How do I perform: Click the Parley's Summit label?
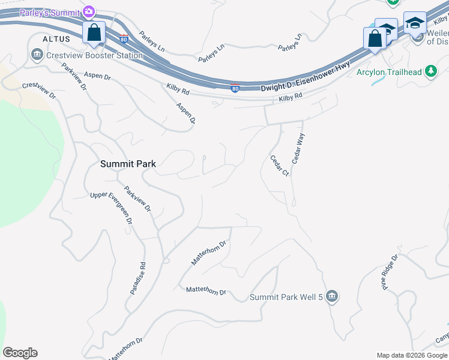pyautogui.click(x=50, y=12)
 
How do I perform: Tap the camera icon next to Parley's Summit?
pyautogui.click(x=89, y=11)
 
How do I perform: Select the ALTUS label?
pyautogui.click(x=56, y=38)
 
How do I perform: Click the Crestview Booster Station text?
pyautogui.click(x=94, y=55)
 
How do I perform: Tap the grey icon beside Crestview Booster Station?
pyautogui.click(x=37, y=55)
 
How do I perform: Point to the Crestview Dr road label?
pyautogui.click(x=39, y=91)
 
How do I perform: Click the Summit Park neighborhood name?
pyautogui.click(x=128, y=163)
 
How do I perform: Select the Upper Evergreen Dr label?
pyautogui.click(x=111, y=208)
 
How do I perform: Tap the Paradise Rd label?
pyautogui.click(x=138, y=278)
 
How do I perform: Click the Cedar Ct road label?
pyautogui.click(x=280, y=166)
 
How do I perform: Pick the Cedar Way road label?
pyautogui.click(x=298, y=149)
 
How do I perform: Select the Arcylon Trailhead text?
pyautogui.click(x=389, y=72)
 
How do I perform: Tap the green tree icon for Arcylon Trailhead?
pyautogui.click(x=430, y=72)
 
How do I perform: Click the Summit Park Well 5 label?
pyautogui.click(x=286, y=297)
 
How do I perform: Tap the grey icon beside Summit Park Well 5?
pyautogui.click(x=333, y=297)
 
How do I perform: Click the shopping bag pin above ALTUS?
pyautogui.click(x=94, y=33)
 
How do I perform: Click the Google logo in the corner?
pyautogui.click(x=20, y=353)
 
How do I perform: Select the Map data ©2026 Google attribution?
pyautogui.click(x=411, y=355)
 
